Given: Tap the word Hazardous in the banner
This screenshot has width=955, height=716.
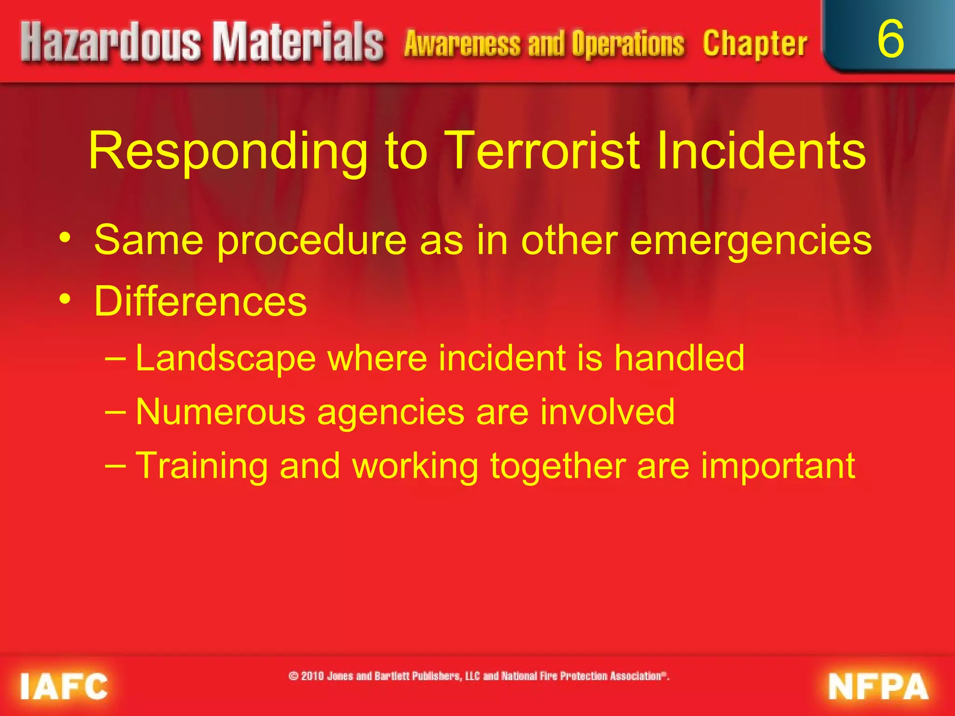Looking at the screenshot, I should pyautogui.click(x=111, y=43).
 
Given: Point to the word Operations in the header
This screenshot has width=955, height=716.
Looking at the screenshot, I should pyautogui.click(x=628, y=44).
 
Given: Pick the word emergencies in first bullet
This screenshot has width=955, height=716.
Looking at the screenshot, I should pyautogui.click(x=750, y=241).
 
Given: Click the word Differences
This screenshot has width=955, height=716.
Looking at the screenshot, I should pyautogui.click(x=201, y=302).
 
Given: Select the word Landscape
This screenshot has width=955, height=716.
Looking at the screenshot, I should pyautogui.click(x=226, y=359).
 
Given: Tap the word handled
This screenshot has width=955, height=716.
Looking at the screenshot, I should pyautogui.click(x=678, y=358).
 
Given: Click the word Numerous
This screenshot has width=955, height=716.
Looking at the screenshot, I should pyautogui.click(x=220, y=412).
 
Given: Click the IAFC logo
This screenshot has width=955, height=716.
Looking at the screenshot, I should pyautogui.click(x=64, y=686).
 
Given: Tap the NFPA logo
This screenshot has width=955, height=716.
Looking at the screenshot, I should pyautogui.click(x=878, y=687).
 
